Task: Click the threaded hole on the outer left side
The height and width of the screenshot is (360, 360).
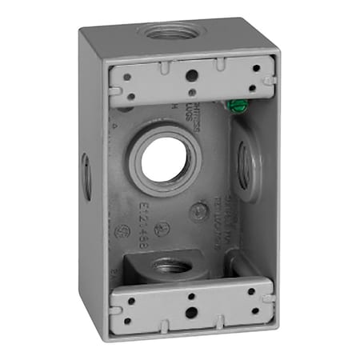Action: point(86,177)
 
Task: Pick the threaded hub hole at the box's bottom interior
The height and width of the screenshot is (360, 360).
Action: point(170,267)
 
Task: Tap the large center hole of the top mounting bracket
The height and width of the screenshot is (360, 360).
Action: point(192,77)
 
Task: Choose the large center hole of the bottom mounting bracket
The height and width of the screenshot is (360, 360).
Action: point(190,305)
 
